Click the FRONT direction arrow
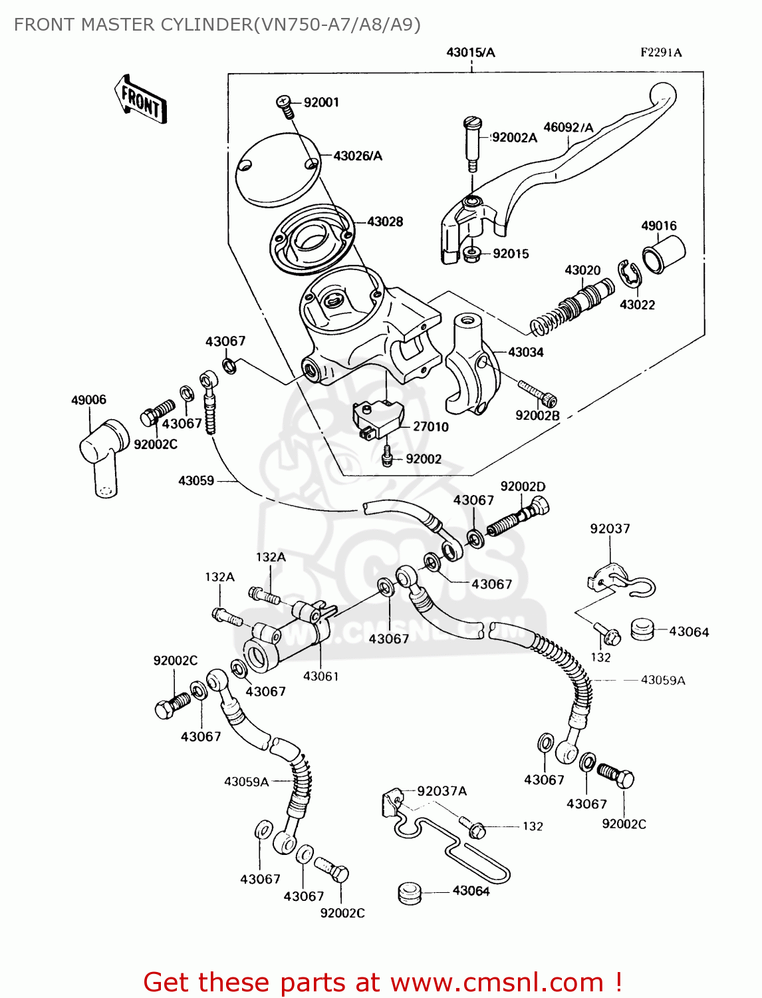click(140, 100)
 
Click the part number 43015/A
click(470, 53)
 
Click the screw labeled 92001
click(285, 105)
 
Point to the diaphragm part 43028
click(313, 238)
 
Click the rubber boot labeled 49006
click(104, 455)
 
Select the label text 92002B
click(537, 416)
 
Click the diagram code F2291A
click(661, 53)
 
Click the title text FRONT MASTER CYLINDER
click(133, 25)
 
